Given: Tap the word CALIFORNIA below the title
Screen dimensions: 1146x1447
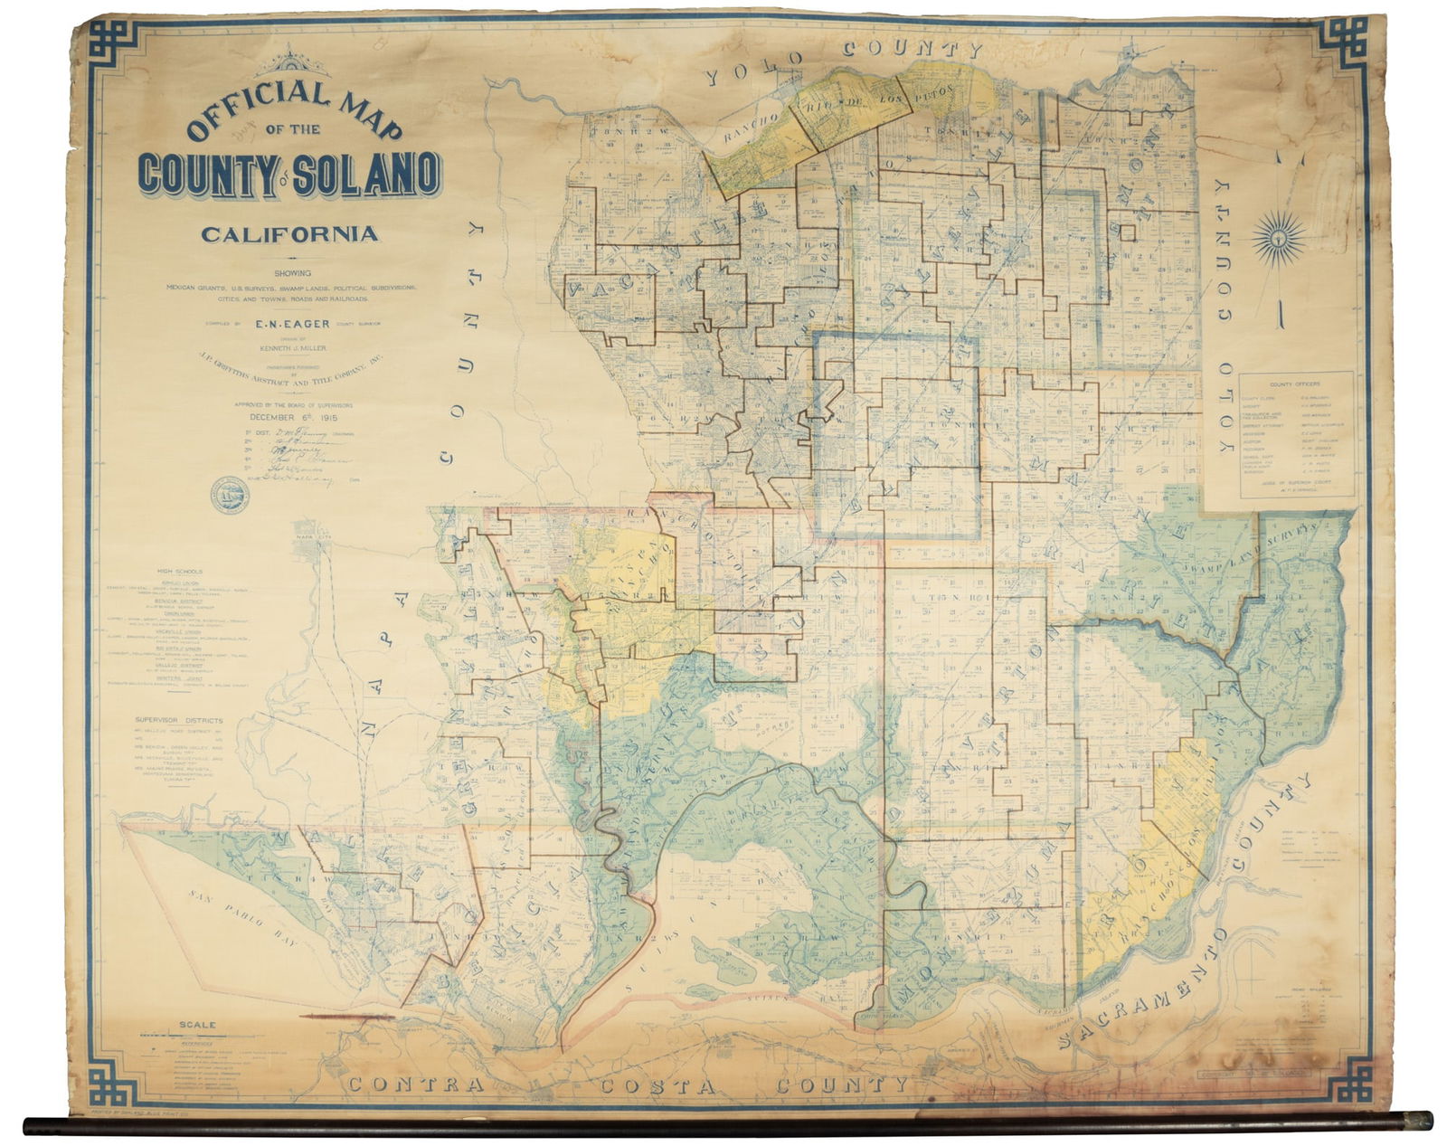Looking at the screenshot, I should click(289, 234).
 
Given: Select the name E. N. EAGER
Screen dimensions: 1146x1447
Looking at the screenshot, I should click(290, 322).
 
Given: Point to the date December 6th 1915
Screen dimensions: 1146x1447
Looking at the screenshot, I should click(289, 418).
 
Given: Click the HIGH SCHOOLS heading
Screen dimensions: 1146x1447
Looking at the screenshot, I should click(180, 571).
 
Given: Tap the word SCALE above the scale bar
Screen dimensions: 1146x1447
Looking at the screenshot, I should click(198, 1025).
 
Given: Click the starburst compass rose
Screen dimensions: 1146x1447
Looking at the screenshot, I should click(1279, 238).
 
